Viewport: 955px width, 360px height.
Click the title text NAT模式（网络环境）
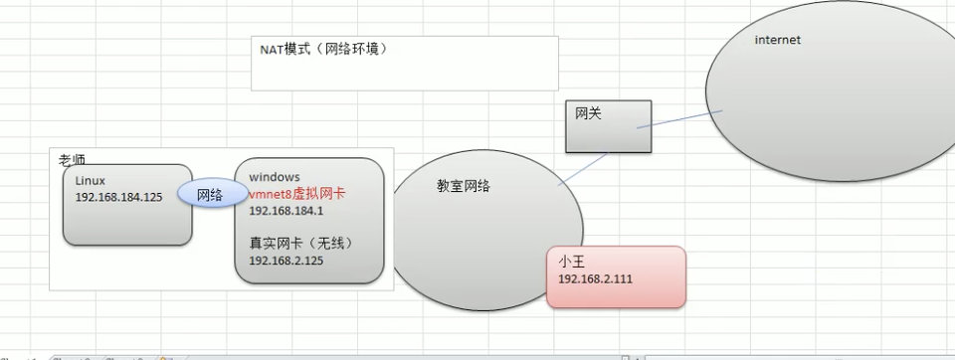click(317, 48)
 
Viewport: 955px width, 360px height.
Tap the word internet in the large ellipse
click(778, 40)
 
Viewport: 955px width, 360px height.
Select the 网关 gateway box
click(609, 126)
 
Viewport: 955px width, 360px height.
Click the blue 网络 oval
click(210, 194)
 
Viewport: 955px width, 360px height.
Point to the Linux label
click(91, 180)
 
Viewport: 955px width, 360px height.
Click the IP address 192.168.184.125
click(118, 197)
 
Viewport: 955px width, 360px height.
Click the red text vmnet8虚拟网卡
click(296, 194)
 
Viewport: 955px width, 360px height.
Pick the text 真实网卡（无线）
click(301, 242)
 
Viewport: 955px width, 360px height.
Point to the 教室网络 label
click(464, 186)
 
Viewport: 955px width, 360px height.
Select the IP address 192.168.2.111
click(595, 279)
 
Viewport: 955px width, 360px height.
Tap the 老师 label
click(72, 159)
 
